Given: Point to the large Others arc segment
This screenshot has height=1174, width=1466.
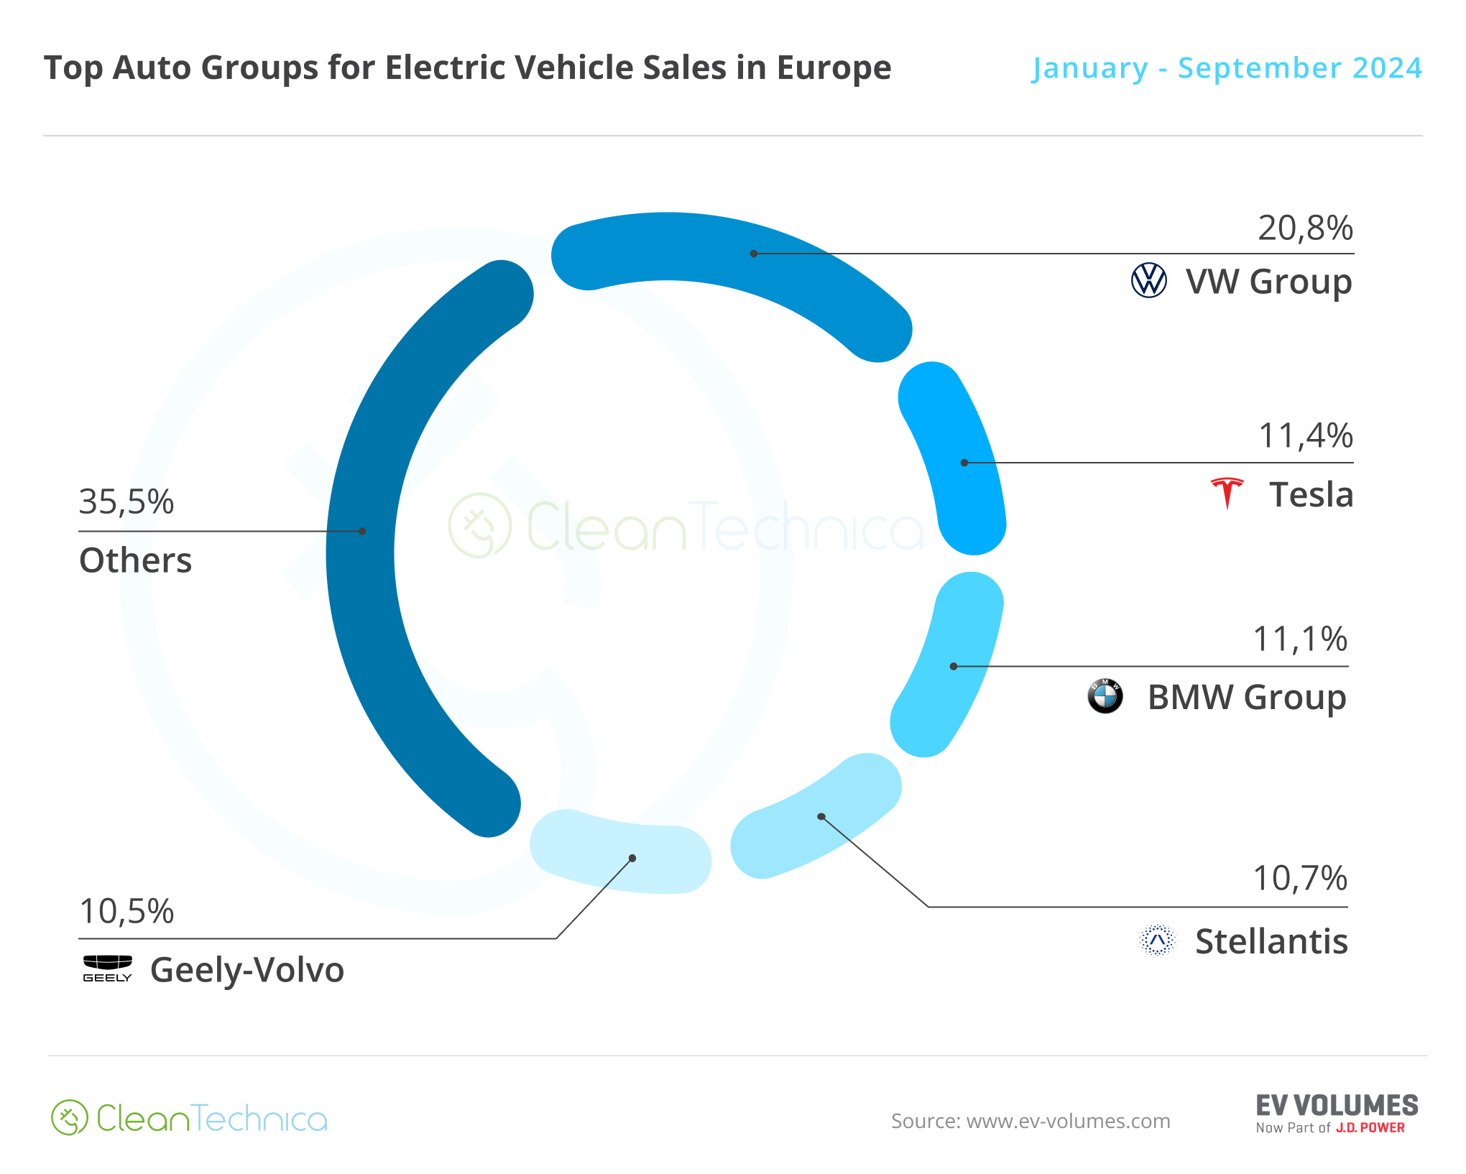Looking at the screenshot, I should [363, 546].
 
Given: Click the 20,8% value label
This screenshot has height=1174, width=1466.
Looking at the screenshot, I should [1305, 228].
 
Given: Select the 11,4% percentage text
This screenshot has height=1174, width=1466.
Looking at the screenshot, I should [1305, 436].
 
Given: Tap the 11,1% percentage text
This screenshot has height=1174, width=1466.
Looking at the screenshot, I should [1300, 639].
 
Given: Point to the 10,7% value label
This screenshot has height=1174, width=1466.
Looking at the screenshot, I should [1300, 879].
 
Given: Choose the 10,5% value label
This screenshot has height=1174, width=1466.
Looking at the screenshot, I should [126, 912].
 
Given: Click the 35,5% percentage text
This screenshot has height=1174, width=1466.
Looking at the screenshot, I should [126, 502].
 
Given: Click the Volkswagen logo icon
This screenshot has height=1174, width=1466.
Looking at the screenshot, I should [1148, 280].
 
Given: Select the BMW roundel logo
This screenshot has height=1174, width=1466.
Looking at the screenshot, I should [1105, 696].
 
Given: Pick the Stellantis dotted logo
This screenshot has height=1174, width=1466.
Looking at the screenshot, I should [1157, 940].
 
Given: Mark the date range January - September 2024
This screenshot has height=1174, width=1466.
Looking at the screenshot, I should [1227, 68].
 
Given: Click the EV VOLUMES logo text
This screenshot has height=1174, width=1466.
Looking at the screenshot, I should [1337, 1106].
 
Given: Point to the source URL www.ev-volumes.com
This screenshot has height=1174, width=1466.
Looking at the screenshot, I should [1068, 1122].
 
